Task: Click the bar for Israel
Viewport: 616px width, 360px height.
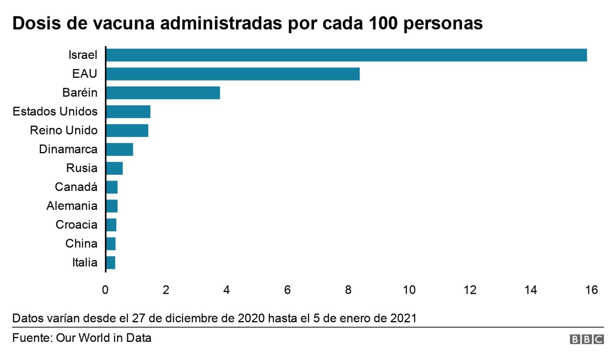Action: pos(346,55)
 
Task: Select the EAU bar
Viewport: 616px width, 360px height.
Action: pos(233,74)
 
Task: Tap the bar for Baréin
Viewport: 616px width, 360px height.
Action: pos(163,93)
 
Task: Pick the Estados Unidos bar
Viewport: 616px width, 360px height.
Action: pos(128,112)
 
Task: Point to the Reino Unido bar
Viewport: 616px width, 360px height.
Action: pos(127,131)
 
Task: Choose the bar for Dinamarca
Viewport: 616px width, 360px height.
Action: pos(119,149)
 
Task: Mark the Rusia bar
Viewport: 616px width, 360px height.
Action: pos(114,168)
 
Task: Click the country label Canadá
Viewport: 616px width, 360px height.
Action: pos(76,187)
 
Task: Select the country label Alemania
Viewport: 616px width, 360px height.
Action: pos(72,206)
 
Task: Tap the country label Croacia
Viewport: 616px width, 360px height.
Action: pos(76,225)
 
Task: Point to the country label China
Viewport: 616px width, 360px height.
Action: pos(81,244)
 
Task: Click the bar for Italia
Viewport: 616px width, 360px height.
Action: pos(110,263)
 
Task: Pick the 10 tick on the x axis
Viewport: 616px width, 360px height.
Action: pos(409,290)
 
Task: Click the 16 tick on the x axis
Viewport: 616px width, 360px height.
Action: pos(591,290)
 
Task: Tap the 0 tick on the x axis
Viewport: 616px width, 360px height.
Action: pos(105,290)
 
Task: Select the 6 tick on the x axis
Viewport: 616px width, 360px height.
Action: pos(287,290)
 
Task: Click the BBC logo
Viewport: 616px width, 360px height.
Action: pos(587,339)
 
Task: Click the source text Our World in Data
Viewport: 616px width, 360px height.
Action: pos(104,338)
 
